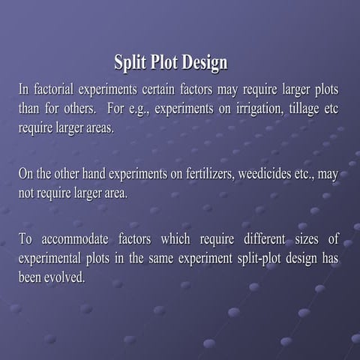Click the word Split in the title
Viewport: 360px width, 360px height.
click(x=130, y=62)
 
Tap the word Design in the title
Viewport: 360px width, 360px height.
click(x=205, y=62)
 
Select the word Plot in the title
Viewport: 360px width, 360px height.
click(x=164, y=61)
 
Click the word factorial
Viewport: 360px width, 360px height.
click(x=54, y=89)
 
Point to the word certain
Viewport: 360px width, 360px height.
click(x=158, y=89)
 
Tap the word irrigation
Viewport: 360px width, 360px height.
click(x=260, y=109)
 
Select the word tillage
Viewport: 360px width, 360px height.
click(x=304, y=109)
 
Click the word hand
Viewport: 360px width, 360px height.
click(x=94, y=174)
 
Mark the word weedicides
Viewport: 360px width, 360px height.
click(x=265, y=174)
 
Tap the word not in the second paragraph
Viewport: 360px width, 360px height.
click(x=26, y=193)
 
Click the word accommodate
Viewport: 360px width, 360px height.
click(x=75, y=239)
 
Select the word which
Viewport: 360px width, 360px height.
click(x=175, y=238)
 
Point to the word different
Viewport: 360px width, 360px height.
click(x=265, y=238)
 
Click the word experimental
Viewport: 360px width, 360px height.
click(x=49, y=259)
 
